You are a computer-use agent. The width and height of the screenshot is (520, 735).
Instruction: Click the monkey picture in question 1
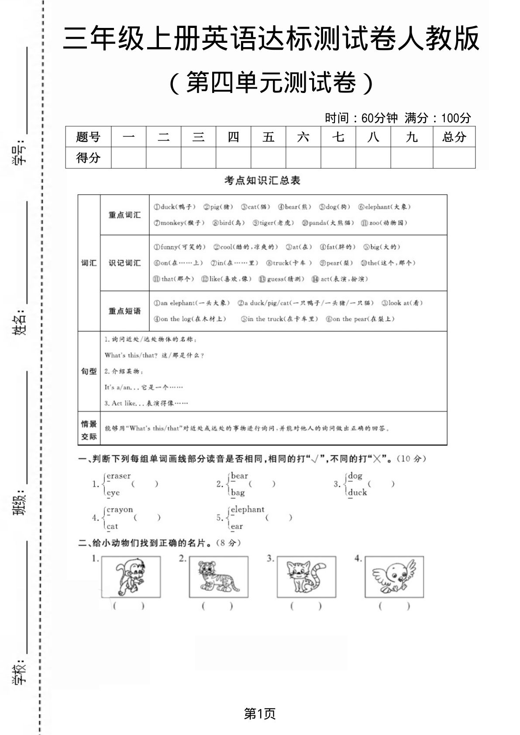pos(131,577)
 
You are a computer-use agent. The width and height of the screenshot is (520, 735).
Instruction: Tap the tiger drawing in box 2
pos(218,577)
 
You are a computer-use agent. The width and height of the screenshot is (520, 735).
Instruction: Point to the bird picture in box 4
pos(394,577)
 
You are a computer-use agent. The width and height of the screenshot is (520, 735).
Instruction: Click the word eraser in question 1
pos(119,476)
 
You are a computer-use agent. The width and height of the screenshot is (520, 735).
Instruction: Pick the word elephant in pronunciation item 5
pos(248,509)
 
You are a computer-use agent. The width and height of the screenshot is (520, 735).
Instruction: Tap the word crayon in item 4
pos(120,509)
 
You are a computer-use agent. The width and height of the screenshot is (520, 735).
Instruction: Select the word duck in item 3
pos(358,492)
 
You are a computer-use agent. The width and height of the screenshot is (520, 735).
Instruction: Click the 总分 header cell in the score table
pos(454,137)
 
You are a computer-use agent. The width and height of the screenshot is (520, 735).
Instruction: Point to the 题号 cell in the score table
pos(88,137)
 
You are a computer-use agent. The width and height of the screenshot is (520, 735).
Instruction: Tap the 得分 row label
pos(88,158)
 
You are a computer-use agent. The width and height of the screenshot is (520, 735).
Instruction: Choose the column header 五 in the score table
pos(268,137)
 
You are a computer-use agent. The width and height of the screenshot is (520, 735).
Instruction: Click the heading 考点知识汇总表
pos(262,180)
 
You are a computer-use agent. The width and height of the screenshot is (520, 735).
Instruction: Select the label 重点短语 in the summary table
pos(125,311)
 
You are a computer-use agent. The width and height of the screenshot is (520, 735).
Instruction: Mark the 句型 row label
pos(89,371)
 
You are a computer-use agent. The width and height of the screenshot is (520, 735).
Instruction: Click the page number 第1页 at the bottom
pos(260,714)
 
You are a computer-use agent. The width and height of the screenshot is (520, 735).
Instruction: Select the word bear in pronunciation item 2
pos(239,476)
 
